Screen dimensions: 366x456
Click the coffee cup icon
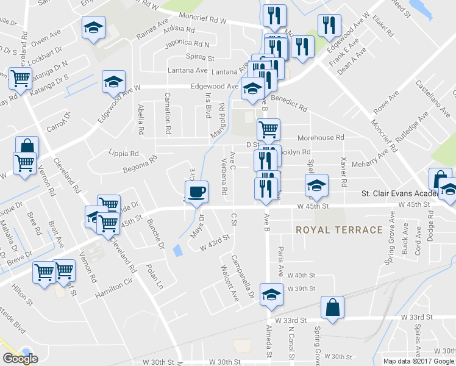(x=196, y=193)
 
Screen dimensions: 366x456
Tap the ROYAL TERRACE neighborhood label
(x=340, y=230)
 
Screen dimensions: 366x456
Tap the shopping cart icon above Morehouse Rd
(x=268, y=129)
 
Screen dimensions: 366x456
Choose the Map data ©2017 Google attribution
(x=418, y=361)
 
